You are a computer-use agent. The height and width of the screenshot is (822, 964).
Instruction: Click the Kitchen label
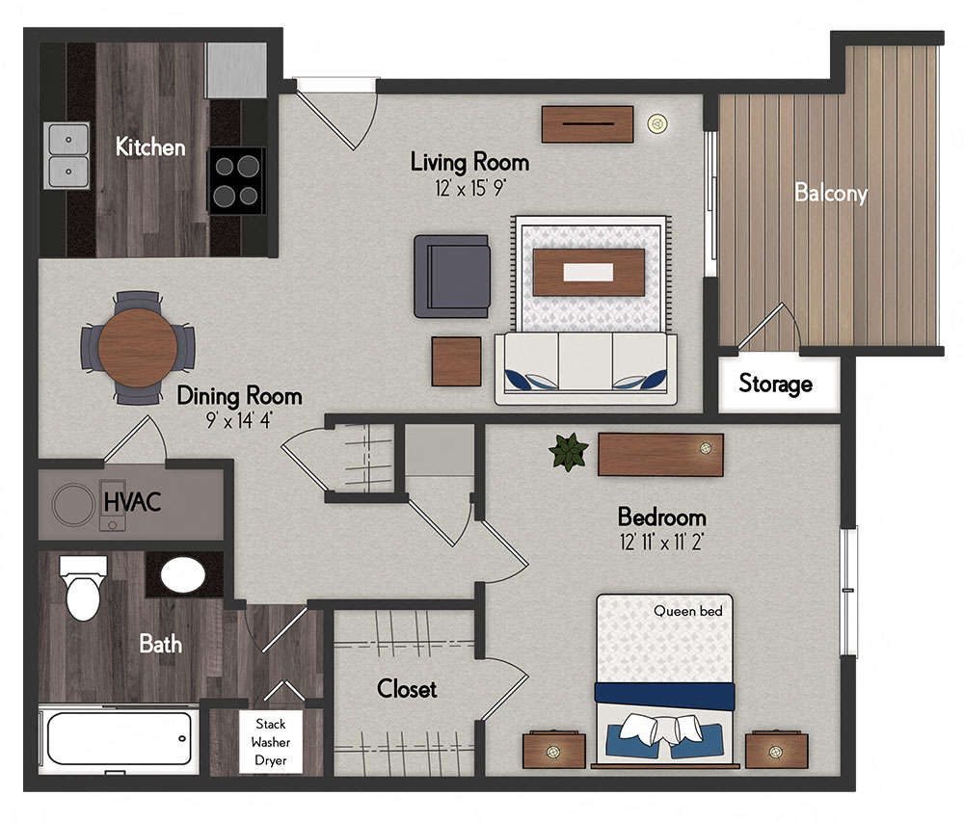(x=150, y=147)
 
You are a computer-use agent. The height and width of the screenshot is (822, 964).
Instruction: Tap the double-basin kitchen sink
(x=67, y=155)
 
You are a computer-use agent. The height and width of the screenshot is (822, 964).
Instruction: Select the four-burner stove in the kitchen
(x=237, y=180)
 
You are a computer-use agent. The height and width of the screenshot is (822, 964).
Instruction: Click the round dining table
(x=138, y=348)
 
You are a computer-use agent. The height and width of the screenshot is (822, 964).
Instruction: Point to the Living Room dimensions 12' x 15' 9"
(x=470, y=187)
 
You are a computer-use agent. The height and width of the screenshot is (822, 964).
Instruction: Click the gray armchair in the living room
(x=452, y=276)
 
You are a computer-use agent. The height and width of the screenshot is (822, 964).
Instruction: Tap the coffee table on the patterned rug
(x=589, y=272)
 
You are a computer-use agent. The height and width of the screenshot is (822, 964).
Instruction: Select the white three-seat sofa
(x=586, y=369)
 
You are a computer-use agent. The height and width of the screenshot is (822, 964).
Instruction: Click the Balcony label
(x=831, y=193)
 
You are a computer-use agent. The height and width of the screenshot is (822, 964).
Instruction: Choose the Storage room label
(x=776, y=384)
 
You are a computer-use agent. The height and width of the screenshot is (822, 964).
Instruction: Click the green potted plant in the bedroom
(x=569, y=452)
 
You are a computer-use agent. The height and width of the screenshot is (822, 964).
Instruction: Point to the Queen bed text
(x=688, y=611)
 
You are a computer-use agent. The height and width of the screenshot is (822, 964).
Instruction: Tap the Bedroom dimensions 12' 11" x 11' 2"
(x=661, y=542)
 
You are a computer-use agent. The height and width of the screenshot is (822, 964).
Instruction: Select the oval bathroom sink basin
(x=182, y=575)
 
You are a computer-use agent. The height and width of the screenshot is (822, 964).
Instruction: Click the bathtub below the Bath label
(x=120, y=738)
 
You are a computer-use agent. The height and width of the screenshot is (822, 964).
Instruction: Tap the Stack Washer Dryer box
(x=271, y=742)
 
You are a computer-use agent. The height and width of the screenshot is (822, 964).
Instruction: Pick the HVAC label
(x=133, y=502)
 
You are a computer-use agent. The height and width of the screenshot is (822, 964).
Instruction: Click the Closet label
(x=407, y=689)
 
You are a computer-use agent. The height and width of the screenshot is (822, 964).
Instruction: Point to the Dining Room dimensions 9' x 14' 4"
(x=239, y=420)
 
